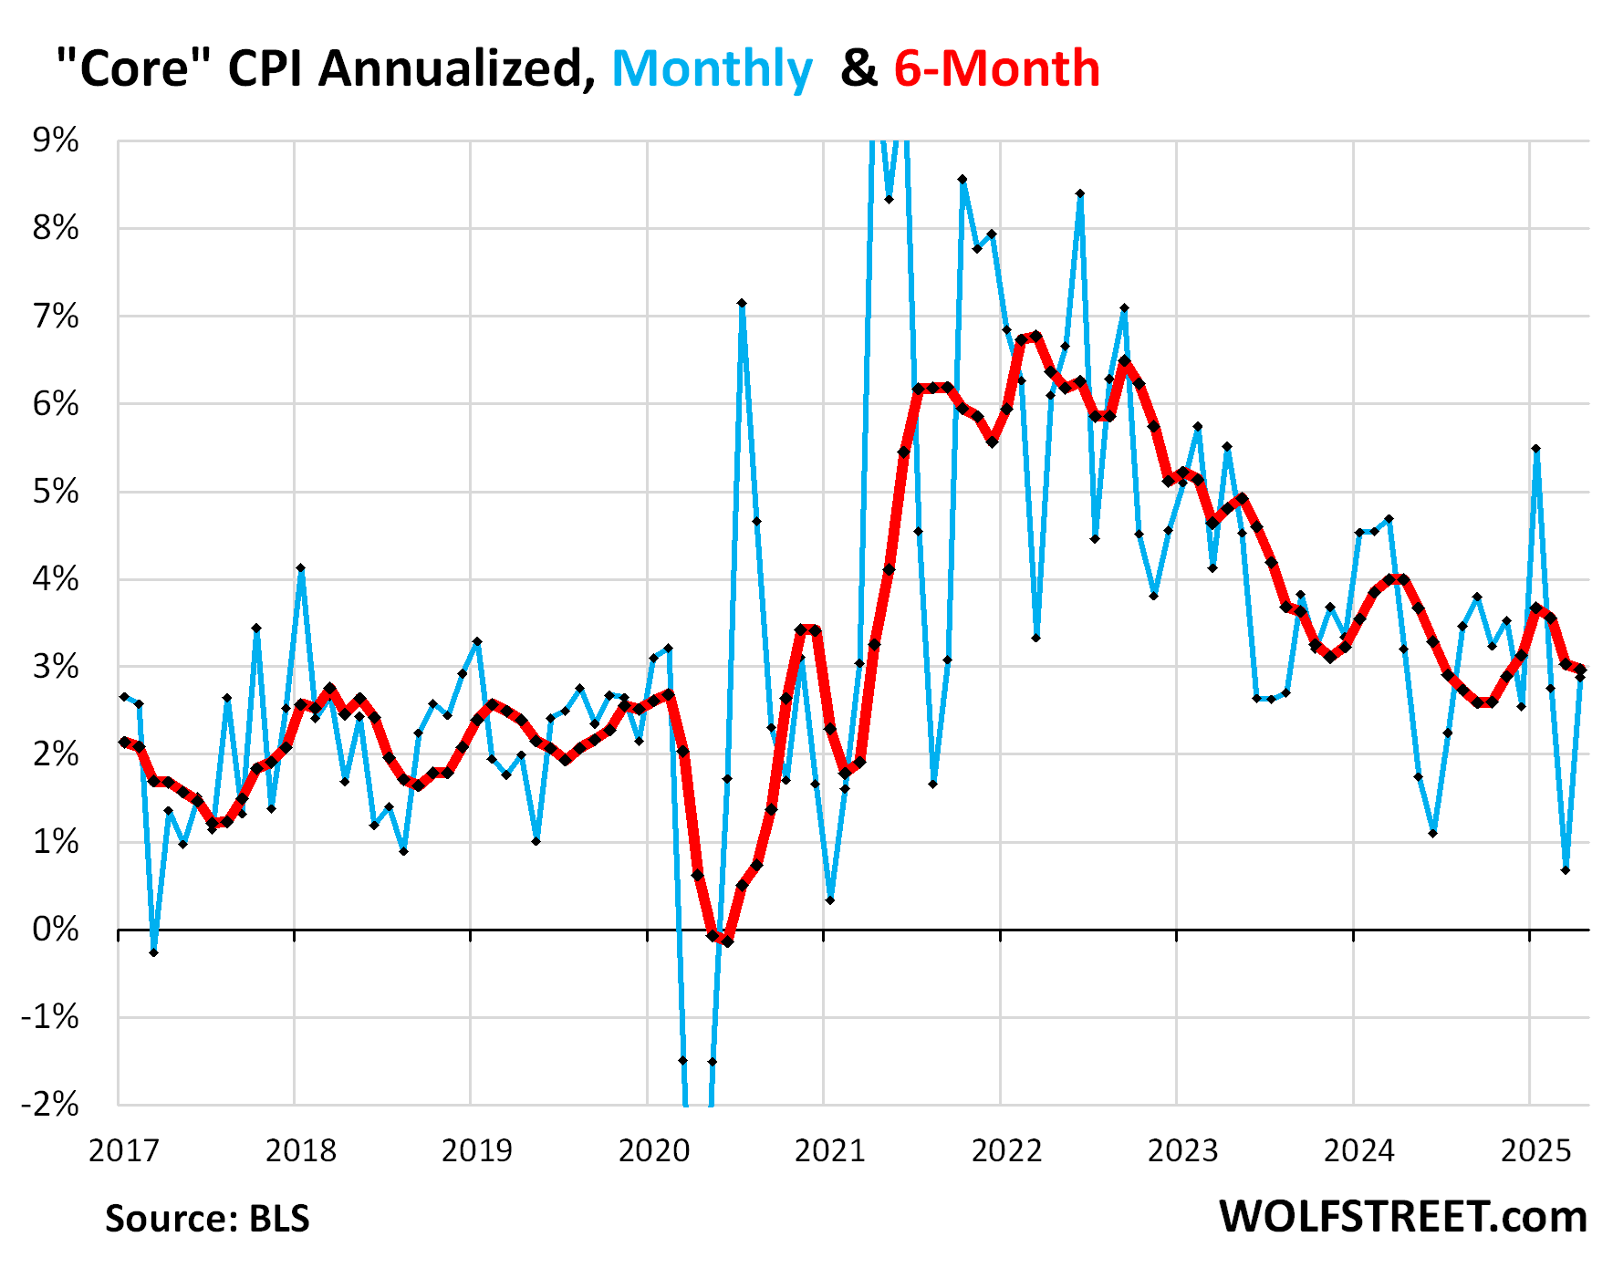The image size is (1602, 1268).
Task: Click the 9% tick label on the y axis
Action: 56,141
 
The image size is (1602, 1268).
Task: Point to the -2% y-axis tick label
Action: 49,1106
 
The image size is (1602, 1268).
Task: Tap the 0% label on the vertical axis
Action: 56,930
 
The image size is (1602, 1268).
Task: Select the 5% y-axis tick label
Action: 56,493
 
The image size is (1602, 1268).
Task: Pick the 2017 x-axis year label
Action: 124,1151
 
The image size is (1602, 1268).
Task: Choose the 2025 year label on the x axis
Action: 1535,1151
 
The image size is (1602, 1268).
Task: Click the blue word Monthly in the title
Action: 712,69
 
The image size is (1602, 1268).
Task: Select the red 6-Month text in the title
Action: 996,69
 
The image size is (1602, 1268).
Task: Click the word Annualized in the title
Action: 453,69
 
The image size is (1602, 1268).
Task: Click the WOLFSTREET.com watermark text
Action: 1403,1217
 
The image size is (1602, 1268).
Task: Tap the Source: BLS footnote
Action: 207,1219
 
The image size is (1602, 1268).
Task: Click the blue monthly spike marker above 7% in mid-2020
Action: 742,303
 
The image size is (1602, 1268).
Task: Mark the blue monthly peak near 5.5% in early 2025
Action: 1536,449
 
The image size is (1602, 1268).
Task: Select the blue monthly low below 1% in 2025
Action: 1566,869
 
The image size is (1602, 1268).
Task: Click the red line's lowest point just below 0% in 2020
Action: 727,941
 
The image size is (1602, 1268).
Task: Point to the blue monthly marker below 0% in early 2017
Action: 153,952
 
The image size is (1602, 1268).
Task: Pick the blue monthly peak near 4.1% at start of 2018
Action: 300,568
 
